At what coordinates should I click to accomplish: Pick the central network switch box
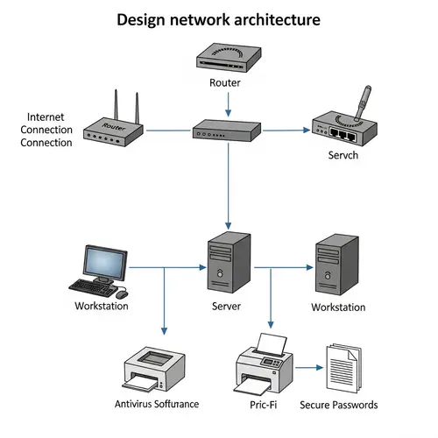(227, 132)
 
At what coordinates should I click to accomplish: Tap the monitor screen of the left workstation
(109, 260)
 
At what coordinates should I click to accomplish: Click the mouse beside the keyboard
(122, 291)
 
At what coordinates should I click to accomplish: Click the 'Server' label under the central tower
(227, 307)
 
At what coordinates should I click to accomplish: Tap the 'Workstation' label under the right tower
(338, 307)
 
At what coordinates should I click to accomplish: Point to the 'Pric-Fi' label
(264, 405)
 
